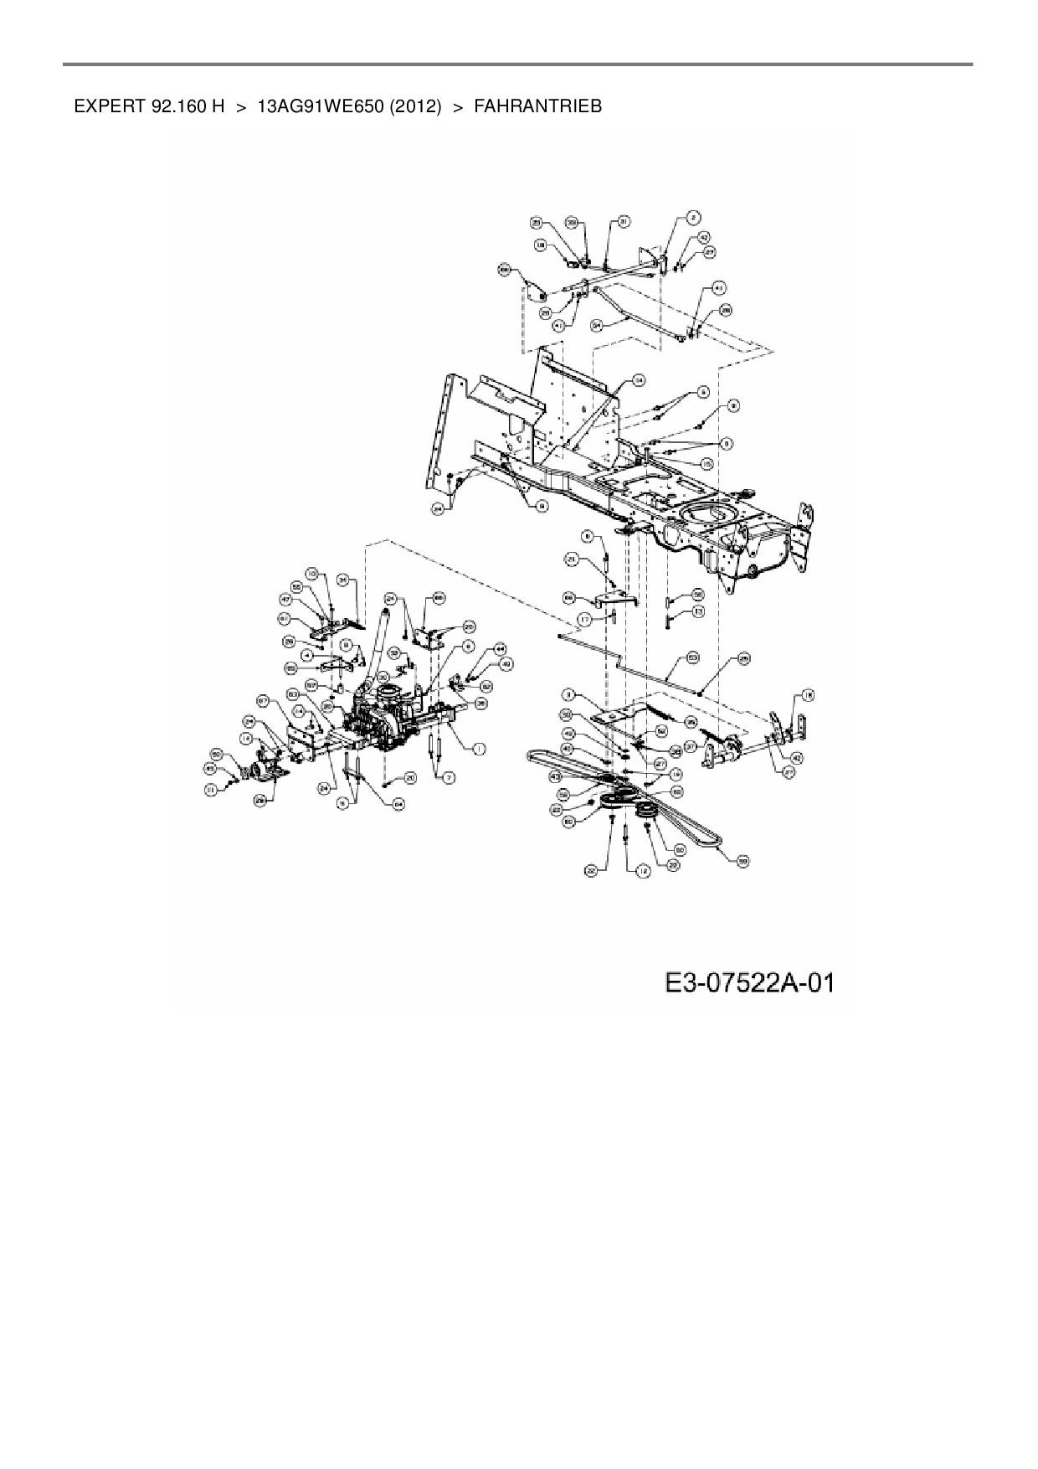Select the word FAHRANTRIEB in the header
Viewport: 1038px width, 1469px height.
point(537,106)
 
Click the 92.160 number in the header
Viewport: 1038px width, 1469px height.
point(181,106)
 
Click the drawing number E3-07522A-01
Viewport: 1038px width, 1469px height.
point(749,982)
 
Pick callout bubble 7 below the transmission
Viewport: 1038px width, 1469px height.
point(450,778)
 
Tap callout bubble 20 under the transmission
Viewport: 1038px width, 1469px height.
point(410,778)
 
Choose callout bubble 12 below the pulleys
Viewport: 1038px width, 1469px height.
point(643,871)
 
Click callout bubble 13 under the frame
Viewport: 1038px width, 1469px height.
point(698,612)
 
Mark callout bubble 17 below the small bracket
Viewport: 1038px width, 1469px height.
point(583,619)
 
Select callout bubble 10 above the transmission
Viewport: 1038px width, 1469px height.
point(311,574)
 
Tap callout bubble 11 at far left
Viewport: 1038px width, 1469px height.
point(212,789)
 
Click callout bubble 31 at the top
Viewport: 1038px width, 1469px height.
point(624,221)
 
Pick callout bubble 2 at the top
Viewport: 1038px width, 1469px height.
point(693,217)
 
